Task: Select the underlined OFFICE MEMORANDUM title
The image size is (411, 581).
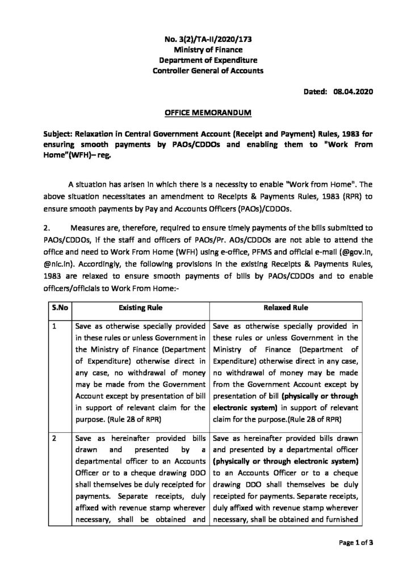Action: tap(205, 112)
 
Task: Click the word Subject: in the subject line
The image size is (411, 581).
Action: tap(62, 134)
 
